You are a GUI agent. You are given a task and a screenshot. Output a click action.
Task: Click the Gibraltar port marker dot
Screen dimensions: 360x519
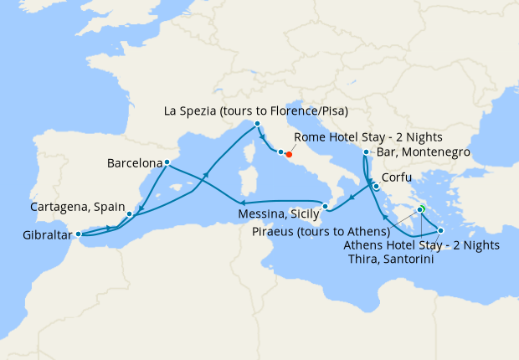pos(78,234)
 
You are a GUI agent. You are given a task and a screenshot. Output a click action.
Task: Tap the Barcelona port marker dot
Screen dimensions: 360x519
pos(167,162)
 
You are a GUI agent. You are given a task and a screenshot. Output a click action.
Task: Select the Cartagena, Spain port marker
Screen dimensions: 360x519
pos(129,214)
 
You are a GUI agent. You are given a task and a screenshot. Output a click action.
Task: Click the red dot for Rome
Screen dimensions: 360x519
pos(289,154)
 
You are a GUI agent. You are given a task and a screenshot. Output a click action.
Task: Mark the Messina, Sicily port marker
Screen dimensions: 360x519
pos(326,206)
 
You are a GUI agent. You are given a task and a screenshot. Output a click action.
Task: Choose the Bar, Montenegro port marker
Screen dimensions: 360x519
pos(366,152)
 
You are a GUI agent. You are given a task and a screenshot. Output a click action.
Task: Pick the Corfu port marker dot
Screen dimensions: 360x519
pos(377,187)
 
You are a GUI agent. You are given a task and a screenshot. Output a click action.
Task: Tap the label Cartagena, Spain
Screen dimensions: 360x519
pos(77,206)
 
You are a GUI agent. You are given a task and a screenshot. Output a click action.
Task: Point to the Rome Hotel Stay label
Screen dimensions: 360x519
pos(370,137)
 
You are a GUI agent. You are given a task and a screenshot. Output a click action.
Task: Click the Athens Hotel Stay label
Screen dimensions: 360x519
pos(422,245)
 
